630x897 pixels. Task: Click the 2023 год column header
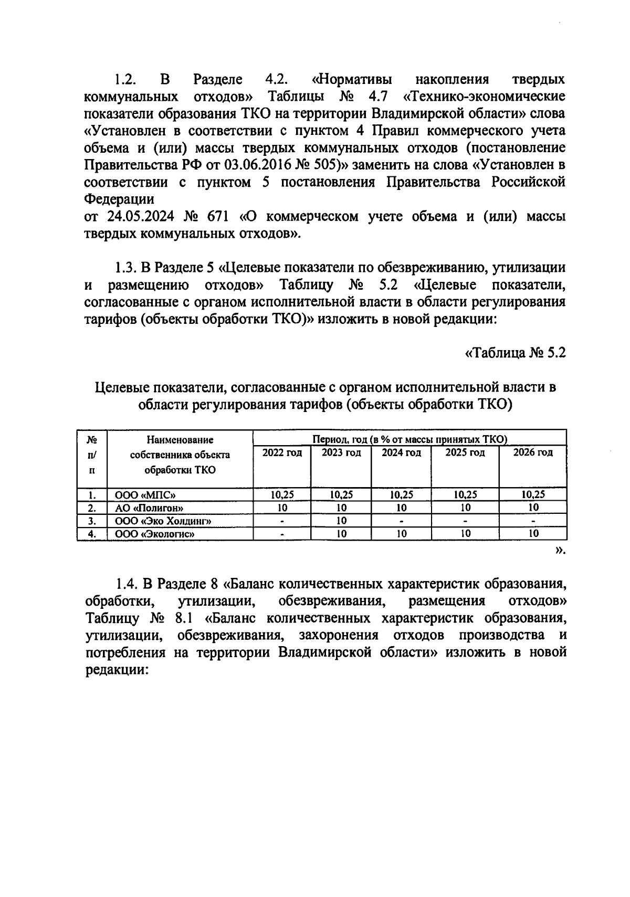pos(341,452)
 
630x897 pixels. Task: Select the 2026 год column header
pos(533,452)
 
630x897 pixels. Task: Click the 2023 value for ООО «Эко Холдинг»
pos(341,521)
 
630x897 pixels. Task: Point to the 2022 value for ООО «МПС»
pos(282,494)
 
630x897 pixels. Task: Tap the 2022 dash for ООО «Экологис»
pos(282,534)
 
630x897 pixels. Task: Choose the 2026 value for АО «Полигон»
pos(533,508)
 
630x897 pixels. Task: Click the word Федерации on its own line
pos(120,200)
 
